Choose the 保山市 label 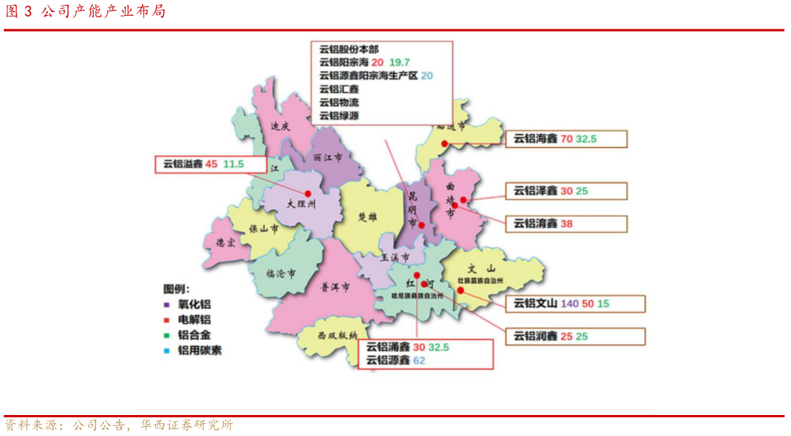(x=264, y=228)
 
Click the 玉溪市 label (x=394, y=257)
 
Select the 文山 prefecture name (x=482, y=268)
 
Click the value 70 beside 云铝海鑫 (x=566, y=139)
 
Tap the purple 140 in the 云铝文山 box (x=569, y=304)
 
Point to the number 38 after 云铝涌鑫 (x=566, y=223)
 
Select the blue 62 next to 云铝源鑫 (x=419, y=361)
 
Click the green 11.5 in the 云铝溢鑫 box (x=234, y=164)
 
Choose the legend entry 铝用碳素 (x=199, y=350)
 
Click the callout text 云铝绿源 (x=339, y=116)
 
